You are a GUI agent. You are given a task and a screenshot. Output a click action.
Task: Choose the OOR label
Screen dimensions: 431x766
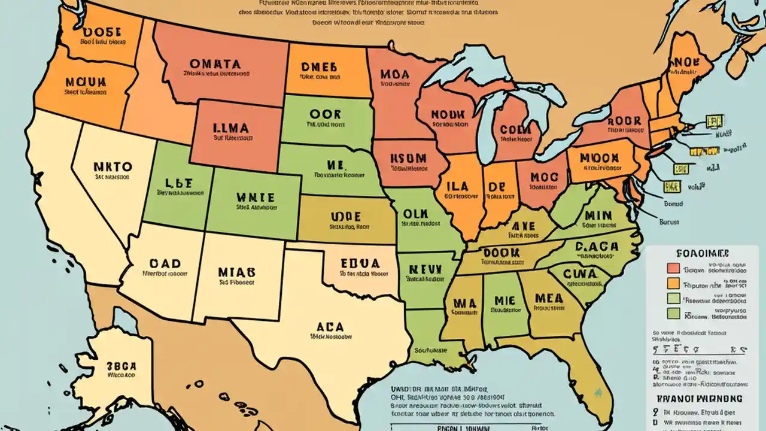tap(326, 114)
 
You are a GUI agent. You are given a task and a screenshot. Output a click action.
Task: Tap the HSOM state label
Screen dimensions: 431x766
tap(408, 159)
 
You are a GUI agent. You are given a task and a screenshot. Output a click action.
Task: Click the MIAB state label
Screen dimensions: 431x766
tap(237, 271)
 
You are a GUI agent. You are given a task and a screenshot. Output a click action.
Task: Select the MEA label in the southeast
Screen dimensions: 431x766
tap(548, 298)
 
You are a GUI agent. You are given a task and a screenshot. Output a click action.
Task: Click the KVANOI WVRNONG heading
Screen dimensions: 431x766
tap(698, 398)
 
